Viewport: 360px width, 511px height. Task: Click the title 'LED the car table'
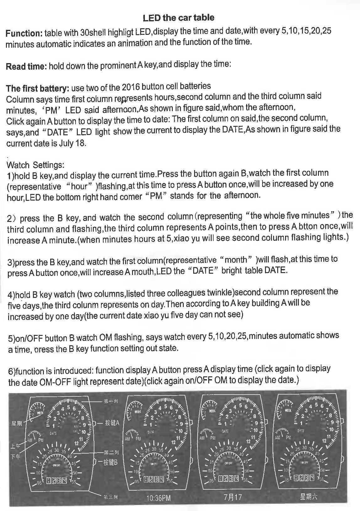[x=178, y=18]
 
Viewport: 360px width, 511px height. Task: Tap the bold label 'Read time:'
[x=26, y=67]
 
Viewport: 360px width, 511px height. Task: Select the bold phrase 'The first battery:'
[x=38, y=88]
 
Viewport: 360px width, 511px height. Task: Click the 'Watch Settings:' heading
[x=35, y=165]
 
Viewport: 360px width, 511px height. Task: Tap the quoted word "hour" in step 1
[x=79, y=186]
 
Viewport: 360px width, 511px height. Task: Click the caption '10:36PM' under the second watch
[x=158, y=498]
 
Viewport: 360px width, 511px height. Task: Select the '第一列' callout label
[x=110, y=401]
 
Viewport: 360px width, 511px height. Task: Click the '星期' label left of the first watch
[x=17, y=424]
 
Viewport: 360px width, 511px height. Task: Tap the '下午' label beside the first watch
[x=16, y=456]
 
